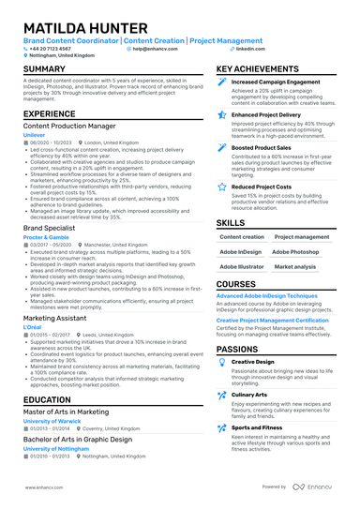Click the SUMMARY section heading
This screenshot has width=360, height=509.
tap(44, 69)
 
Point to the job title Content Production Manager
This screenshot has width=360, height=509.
tap(69, 125)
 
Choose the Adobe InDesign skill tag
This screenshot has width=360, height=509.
tap(241, 252)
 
